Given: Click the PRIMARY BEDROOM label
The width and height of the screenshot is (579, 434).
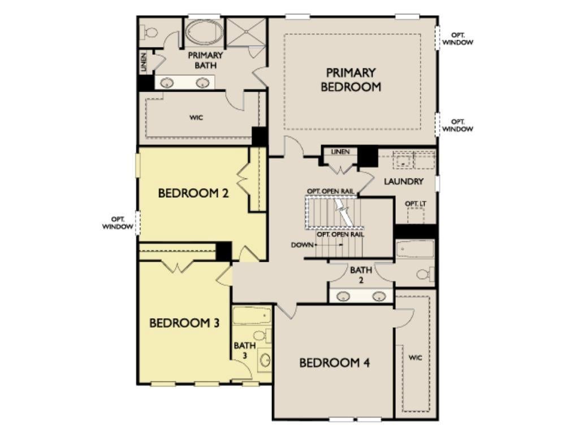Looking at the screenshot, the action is click(x=351, y=79).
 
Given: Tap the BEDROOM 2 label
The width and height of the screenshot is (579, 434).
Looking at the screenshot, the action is click(x=193, y=193).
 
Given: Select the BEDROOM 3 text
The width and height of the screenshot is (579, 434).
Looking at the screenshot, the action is click(x=184, y=323).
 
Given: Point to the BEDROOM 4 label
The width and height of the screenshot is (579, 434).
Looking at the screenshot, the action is click(x=334, y=363).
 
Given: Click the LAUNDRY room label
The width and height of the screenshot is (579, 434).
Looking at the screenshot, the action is click(x=403, y=181).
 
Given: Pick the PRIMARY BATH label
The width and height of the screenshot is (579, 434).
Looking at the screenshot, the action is click(x=205, y=60).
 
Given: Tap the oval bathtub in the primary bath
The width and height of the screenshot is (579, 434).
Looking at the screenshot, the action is click(x=204, y=32).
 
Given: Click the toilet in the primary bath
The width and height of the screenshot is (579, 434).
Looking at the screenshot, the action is click(x=149, y=32).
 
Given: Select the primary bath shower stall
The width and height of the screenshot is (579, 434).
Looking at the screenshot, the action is click(x=245, y=32).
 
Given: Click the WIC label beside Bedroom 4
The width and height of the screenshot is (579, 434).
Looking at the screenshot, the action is click(x=416, y=358).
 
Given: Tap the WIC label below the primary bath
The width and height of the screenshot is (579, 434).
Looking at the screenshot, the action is click(x=196, y=118).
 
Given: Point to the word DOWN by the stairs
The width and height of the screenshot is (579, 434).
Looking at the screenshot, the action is click(x=302, y=245).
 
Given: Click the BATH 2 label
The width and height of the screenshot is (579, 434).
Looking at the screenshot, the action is click(x=361, y=275).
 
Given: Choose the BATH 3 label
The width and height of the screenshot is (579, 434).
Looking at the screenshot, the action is click(x=244, y=350).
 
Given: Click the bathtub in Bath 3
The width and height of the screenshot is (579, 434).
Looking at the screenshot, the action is click(x=252, y=315).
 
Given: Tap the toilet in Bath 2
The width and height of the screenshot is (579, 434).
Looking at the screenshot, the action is click(x=425, y=274).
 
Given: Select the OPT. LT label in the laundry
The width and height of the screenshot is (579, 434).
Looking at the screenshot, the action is click(x=416, y=203).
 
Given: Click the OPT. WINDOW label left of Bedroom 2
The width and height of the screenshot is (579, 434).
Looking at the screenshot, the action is click(x=118, y=223).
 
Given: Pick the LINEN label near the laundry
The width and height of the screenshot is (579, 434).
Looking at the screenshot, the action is click(x=340, y=151).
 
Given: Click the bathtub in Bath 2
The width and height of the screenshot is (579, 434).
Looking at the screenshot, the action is click(x=414, y=249).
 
